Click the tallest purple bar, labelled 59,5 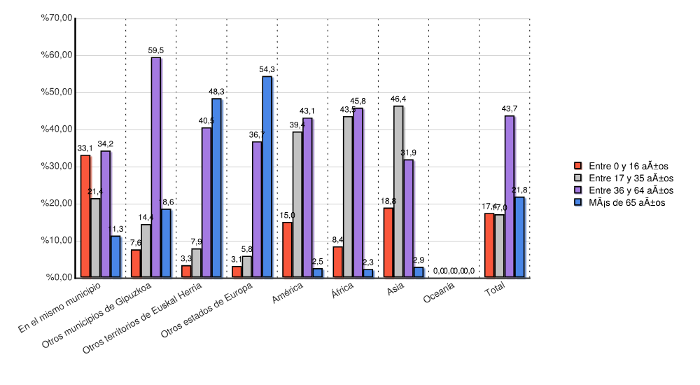point(156,168)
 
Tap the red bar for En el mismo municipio point(85,216)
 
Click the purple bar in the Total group point(509,197)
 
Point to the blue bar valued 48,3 point(216,188)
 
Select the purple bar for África point(358,193)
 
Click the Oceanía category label point(439,296)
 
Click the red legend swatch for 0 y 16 point(577,166)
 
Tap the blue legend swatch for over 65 point(577,202)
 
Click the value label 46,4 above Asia point(398,99)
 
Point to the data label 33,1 point(85,148)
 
